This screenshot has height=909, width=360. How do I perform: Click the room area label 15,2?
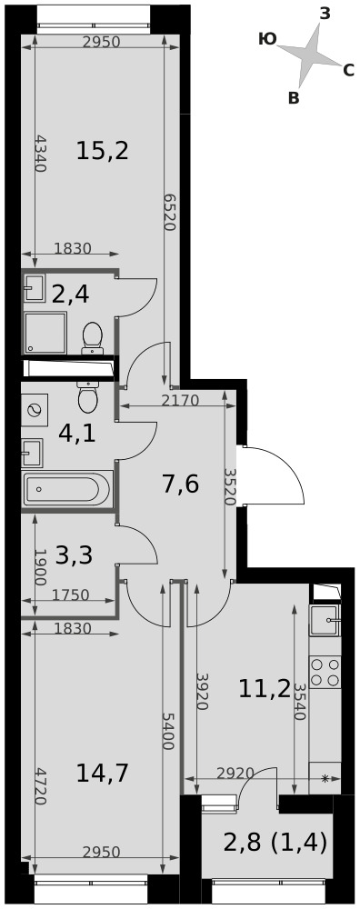click(x=102, y=151)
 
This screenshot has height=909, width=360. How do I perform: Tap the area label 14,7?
click(x=102, y=773)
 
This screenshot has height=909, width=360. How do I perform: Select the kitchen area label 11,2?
click(x=265, y=688)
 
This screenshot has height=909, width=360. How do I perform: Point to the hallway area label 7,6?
click(x=181, y=483)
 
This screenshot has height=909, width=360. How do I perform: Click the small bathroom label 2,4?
click(x=70, y=295)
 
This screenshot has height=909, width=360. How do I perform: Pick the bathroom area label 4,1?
click(x=77, y=433)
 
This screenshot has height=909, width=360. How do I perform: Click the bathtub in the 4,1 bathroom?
click(x=66, y=489)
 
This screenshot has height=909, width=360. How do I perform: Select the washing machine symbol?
click(x=35, y=411)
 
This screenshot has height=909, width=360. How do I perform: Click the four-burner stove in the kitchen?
click(x=325, y=673)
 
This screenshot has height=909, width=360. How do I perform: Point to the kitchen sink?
click(x=325, y=621)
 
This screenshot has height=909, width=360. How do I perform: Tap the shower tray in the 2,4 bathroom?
click(x=45, y=333)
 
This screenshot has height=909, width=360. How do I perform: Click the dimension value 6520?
click(x=169, y=212)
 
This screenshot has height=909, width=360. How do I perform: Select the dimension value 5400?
click(x=168, y=731)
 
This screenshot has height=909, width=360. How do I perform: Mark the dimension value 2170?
click(x=180, y=400)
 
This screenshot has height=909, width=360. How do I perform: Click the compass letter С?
click(x=348, y=71)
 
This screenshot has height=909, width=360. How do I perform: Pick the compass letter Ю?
click(x=267, y=38)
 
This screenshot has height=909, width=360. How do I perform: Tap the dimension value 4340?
click(x=40, y=153)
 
